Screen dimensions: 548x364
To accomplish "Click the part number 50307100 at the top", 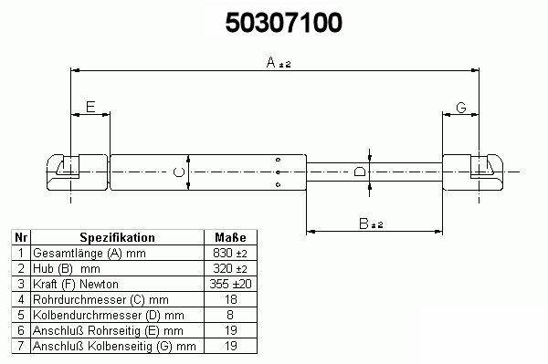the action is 283,23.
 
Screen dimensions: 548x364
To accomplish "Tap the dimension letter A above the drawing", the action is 271,62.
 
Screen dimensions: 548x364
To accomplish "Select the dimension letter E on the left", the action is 90,107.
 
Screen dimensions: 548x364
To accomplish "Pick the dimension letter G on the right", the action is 461,108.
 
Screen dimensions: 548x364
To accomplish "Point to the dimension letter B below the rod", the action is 364,224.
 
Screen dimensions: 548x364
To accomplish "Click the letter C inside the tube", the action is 179,172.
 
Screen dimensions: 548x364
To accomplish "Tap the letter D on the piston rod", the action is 360,172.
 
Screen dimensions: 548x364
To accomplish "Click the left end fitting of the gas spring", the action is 78,172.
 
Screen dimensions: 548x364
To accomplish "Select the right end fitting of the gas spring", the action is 473,172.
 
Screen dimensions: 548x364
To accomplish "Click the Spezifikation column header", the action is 118,238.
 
